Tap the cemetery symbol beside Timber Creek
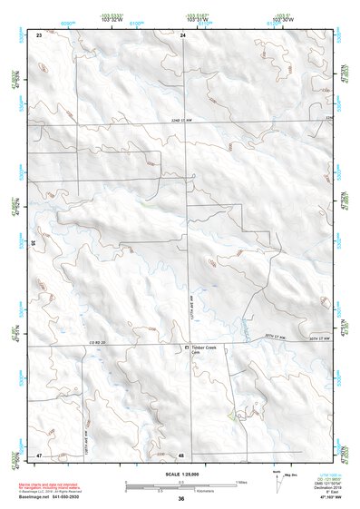pyautogui.click(x=187, y=347)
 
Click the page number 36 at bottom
pyautogui.click(x=180, y=500)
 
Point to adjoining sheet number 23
pyautogui.click(x=39, y=34)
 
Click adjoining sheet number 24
pyautogui.click(x=182, y=34)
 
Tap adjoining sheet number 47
pyautogui.click(x=39, y=453)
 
